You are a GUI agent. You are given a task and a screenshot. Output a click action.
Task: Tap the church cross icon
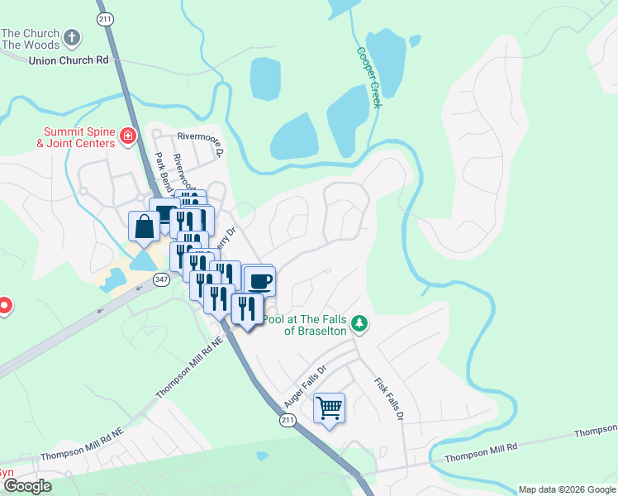pyautogui.click(x=73, y=37)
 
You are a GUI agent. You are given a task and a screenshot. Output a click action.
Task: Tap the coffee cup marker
pyautogui.click(x=259, y=280)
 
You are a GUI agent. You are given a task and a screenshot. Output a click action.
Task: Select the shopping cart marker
pyautogui.click(x=329, y=408)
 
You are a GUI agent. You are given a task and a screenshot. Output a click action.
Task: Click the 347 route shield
pyautogui.click(x=161, y=281)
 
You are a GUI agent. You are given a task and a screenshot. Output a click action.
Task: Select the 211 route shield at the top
pyautogui.click(x=104, y=18)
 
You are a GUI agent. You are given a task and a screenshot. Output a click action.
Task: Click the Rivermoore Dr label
pyautogui.click(x=201, y=142)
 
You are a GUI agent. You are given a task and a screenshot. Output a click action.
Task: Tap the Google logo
pyautogui.click(x=27, y=486)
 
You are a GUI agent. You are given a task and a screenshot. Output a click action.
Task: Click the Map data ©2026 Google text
pyautogui.click(x=565, y=489)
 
